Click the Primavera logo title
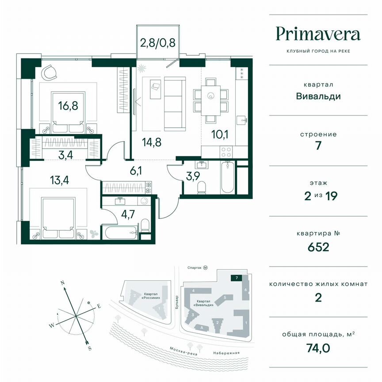pos(318,34)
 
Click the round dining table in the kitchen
pos(211,95)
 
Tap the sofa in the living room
pos(174,103)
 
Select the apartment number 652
pos(318,246)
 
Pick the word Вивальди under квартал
pos(318,95)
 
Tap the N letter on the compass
pos(63,282)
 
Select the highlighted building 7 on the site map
pos(237,278)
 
